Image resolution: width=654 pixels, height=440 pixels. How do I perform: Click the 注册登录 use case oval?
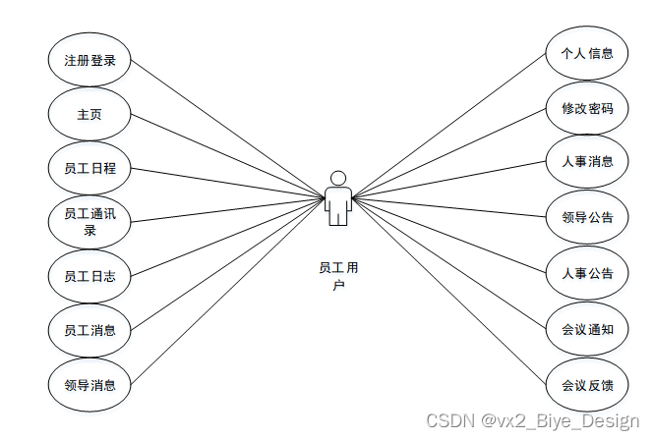pos(89,60)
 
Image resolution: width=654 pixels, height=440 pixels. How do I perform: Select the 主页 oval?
pos(89,114)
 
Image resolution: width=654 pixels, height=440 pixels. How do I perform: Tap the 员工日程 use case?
pos(89,168)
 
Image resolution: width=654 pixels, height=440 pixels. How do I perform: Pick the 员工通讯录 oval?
pos(89,222)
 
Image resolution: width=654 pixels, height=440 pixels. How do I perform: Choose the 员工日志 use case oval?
pos(89,276)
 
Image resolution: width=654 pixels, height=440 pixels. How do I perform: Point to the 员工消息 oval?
pos(89,330)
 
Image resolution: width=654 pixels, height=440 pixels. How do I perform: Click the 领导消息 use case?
pos(89,385)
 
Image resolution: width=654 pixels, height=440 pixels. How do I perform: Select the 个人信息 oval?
pos(587,53)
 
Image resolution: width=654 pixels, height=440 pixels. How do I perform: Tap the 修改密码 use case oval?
pos(587,108)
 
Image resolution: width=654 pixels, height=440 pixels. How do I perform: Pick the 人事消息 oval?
pos(587,161)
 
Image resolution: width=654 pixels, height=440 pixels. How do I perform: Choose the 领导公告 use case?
pos(587,217)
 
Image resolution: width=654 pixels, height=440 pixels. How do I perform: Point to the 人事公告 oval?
pos(587,273)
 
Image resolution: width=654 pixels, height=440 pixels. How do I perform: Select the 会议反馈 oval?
pos(587,385)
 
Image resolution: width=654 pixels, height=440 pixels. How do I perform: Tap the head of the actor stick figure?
pos(337,178)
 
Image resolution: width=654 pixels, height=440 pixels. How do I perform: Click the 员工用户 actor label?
pos(337,275)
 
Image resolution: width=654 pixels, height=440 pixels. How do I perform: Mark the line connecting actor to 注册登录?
pos(226,128)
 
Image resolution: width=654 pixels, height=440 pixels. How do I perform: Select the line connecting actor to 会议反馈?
pos(452,295)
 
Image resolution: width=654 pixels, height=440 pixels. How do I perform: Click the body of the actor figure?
pos(337,205)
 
